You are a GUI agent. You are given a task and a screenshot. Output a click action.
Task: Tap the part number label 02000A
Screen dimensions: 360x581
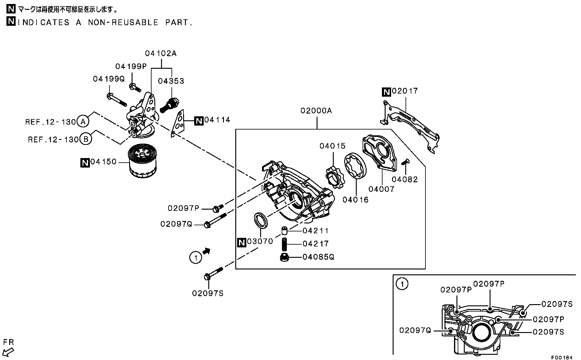click(x=316, y=110)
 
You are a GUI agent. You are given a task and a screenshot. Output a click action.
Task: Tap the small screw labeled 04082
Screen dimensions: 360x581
click(x=405, y=161)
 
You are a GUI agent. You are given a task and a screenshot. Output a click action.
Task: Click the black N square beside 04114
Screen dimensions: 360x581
click(x=199, y=121)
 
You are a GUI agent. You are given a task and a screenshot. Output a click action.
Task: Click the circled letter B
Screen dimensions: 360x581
click(x=86, y=139)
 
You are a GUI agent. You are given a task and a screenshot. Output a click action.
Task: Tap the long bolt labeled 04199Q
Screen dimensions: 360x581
click(x=117, y=100)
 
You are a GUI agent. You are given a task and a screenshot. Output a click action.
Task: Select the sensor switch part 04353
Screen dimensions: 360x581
click(x=169, y=104)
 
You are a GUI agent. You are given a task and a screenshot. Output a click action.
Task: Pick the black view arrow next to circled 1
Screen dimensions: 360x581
click(x=207, y=251)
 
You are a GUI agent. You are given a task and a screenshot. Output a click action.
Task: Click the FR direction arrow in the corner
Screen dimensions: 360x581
click(x=9, y=351)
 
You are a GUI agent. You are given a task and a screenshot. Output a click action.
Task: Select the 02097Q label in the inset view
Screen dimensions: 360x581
click(x=415, y=330)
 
